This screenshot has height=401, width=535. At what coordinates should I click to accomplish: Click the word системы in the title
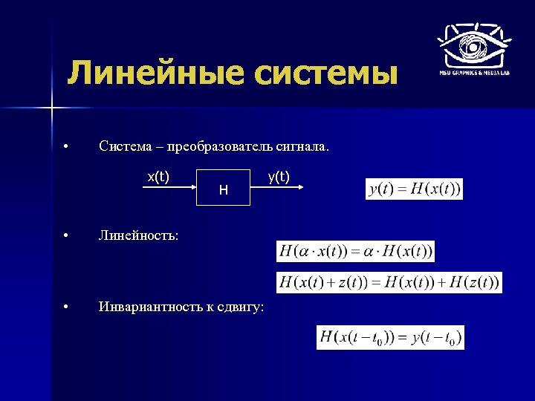point(322,74)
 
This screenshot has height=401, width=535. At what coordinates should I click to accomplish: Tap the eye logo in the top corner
point(473,46)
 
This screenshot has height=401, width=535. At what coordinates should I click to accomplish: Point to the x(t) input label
point(158,176)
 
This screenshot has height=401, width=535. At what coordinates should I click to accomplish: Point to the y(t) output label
point(279,176)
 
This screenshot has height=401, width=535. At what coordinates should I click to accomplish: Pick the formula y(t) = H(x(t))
point(415,189)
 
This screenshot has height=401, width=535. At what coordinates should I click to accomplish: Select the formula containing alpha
point(355,251)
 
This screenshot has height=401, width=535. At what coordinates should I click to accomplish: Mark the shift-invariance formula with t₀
point(390,338)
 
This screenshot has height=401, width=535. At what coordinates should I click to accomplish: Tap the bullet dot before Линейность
point(66,235)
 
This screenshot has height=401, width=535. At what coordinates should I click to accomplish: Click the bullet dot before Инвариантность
point(66,307)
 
